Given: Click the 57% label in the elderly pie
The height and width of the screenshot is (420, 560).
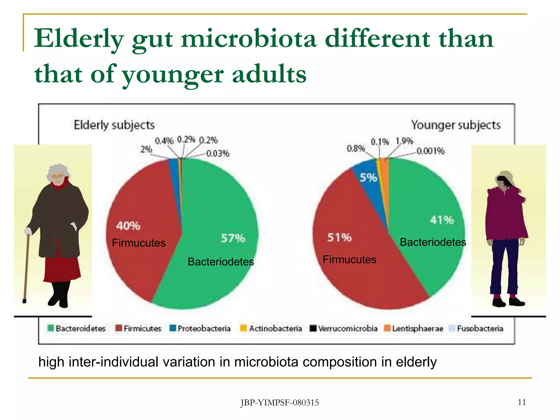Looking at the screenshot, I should pyautogui.click(x=233, y=238).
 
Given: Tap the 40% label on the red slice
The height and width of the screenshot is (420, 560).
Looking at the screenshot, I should pyautogui.click(x=128, y=226).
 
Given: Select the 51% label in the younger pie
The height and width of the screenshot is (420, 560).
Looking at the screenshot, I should pyautogui.click(x=339, y=237).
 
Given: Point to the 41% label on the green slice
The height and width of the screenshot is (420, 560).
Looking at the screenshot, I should pyautogui.click(x=442, y=220).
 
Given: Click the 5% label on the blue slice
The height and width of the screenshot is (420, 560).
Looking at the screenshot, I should pyautogui.click(x=368, y=178).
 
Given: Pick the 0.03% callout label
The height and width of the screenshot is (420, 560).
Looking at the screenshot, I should pyautogui.click(x=218, y=153).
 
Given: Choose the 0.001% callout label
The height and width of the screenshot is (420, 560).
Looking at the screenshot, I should pyautogui.click(x=430, y=151).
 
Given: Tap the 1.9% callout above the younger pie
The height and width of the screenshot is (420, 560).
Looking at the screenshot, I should pyautogui.click(x=404, y=141).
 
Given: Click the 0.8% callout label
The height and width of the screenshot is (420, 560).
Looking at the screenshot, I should pyautogui.click(x=356, y=148).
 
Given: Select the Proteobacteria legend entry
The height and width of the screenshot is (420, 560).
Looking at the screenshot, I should pyautogui.click(x=200, y=328).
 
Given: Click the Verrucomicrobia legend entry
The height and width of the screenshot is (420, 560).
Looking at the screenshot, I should pyautogui.click(x=344, y=328).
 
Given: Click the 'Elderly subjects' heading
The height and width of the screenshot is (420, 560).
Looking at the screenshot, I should pyautogui.click(x=114, y=125).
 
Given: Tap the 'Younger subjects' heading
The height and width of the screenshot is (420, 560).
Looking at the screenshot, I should pyautogui.click(x=456, y=125).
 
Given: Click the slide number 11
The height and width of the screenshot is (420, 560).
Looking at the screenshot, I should pyautogui.click(x=522, y=402).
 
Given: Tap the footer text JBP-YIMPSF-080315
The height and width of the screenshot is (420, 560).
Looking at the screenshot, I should pyautogui.click(x=279, y=403).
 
